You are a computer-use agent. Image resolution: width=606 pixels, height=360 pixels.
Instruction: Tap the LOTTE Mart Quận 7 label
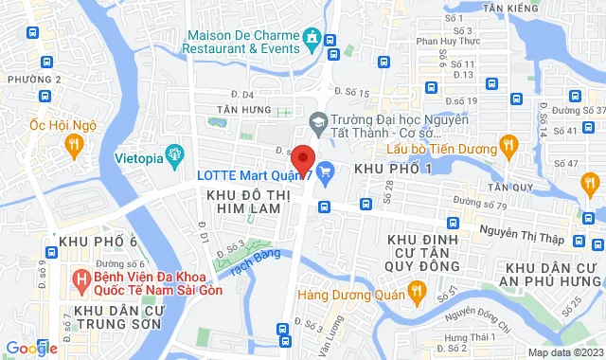click(x=255, y=173)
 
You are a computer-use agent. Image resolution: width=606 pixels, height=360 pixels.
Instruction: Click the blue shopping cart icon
click(x=326, y=171)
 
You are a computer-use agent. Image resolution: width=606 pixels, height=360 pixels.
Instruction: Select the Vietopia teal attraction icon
click(x=174, y=154)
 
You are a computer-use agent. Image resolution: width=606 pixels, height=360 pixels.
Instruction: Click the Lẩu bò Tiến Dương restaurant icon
click(x=509, y=145)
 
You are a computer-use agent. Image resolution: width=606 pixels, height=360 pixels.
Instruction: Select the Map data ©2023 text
click(x=565, y=352)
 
